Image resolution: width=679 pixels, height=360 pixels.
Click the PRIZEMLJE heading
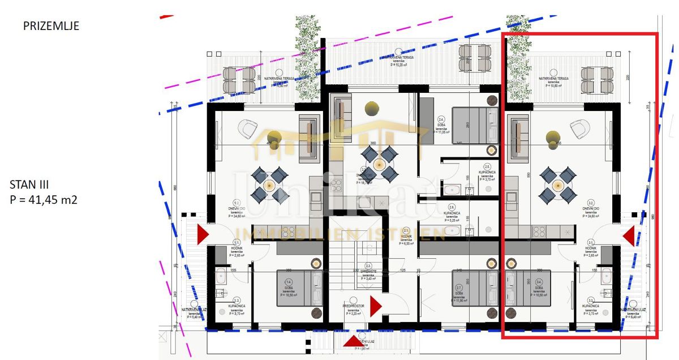coord(51,26)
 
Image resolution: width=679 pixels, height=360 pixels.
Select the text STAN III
coord(30,185)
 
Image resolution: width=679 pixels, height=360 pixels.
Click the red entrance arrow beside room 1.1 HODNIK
coord(203,234)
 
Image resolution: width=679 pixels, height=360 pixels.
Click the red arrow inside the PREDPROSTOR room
coord(375,306)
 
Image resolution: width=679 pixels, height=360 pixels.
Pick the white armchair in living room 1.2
coord(247,129)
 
